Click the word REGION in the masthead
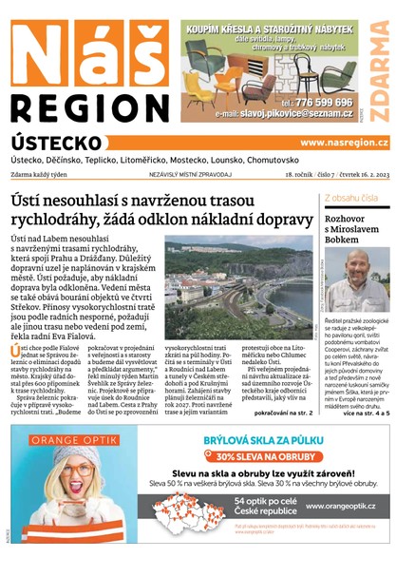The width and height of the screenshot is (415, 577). pyautogui.click(x=89, y=106)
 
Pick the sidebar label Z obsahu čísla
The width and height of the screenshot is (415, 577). pyautogui.click(x=350, y=198)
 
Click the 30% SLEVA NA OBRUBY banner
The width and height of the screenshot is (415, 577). pyautogui.click(x=268, y=456)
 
